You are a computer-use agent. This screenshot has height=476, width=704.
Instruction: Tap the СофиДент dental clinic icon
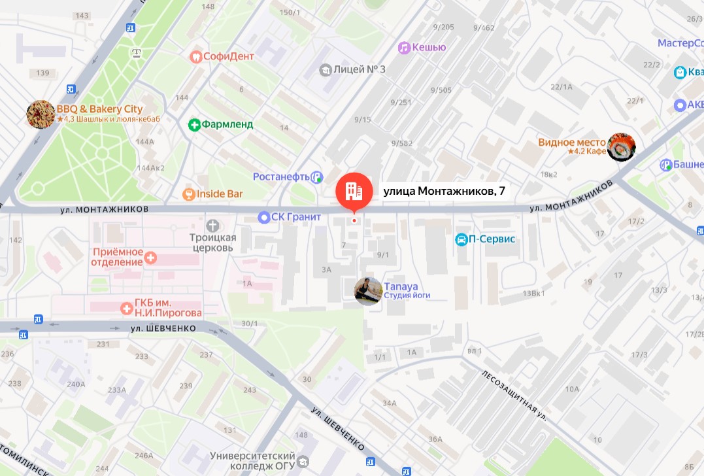[x=195, y=56]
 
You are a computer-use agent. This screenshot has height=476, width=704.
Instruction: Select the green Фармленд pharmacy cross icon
[x=194, y=124]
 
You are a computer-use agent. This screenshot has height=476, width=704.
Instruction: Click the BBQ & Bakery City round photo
[x=41, y=114]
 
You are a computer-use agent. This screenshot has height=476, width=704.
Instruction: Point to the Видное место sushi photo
[x=621, y=146]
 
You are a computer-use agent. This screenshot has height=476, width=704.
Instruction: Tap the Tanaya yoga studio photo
[x=368, y=291]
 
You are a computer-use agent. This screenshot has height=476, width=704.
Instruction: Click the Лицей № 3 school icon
[x=325, y=69]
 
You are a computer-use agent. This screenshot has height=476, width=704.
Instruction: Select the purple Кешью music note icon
[x=404, y=48]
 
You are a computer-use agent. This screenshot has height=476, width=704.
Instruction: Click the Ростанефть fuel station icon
[x=317, y=177]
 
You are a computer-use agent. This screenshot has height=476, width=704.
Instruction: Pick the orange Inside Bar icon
[x=188, y=194]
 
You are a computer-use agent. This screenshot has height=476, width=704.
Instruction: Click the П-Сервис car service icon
[x=461, y=239]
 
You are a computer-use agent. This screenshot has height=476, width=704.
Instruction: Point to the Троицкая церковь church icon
[x=212, y=224]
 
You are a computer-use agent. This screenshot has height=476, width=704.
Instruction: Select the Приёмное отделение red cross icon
[x=151, y=258]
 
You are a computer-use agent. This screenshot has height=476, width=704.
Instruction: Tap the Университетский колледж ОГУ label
[x=254, y=462]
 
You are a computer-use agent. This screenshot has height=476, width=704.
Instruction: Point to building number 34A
[x=390, y=403]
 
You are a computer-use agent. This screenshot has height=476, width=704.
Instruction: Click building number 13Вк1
[x=533, y=294]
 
